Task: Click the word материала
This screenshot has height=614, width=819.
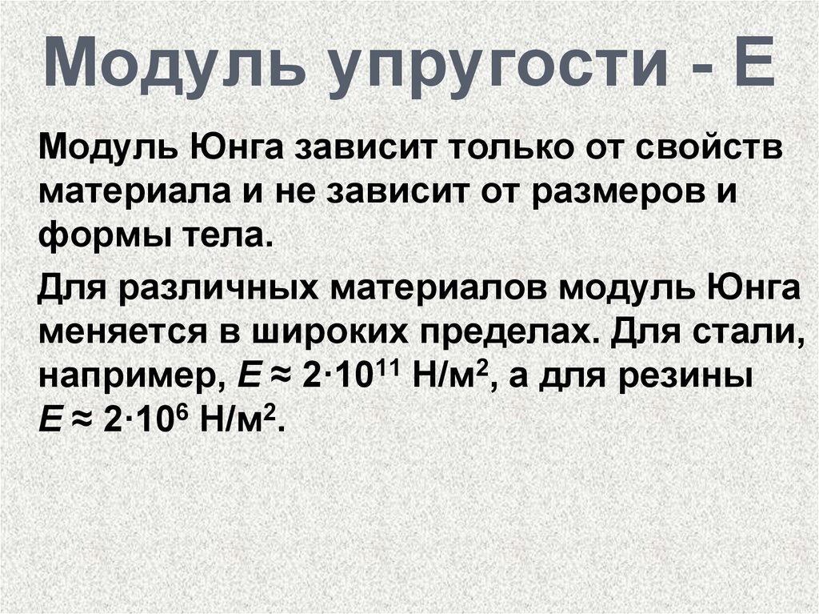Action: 134,191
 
